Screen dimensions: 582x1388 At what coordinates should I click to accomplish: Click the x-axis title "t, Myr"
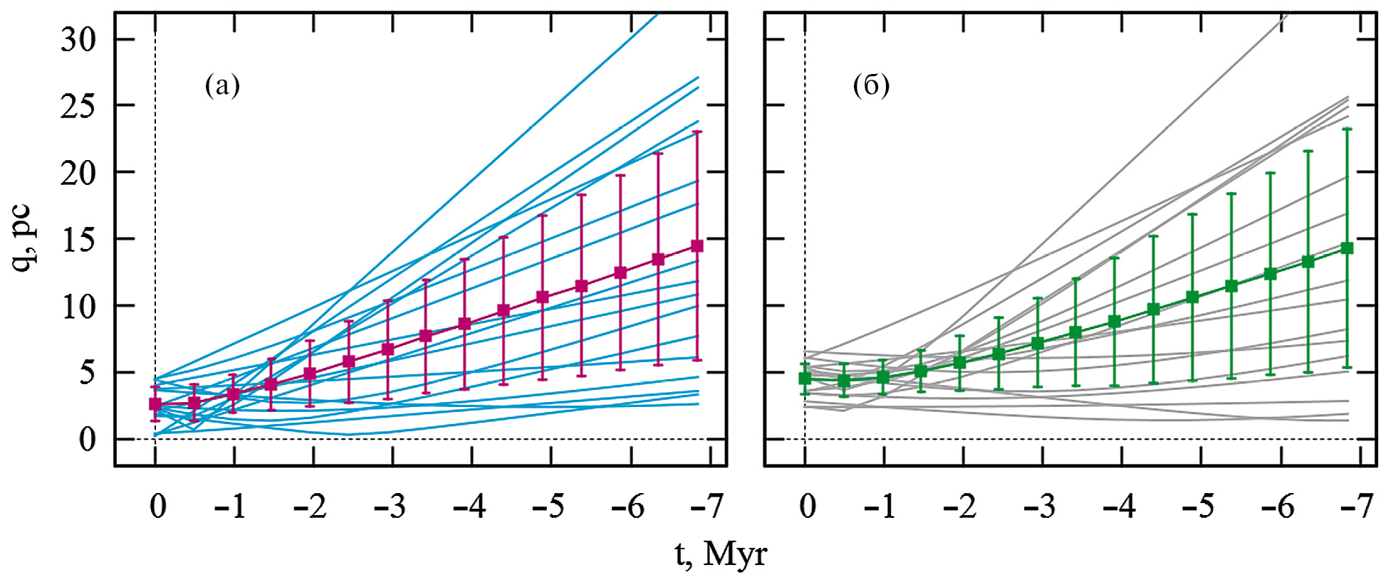click(721, 554)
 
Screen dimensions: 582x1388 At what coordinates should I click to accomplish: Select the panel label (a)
click(222, 86)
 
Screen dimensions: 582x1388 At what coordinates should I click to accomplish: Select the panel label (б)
click(871, 86)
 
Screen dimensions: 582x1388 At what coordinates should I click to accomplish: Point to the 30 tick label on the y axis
click(78, 40)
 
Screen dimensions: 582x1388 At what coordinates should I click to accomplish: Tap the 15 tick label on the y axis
click(78, 240)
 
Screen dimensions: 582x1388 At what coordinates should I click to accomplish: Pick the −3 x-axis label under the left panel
click(390, 507)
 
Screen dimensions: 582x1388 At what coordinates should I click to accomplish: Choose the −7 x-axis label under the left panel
click(707, 507)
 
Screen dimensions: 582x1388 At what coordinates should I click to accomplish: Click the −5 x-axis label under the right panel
click(1199, 507)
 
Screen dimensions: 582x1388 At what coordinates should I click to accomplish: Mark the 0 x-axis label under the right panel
click(808, 507)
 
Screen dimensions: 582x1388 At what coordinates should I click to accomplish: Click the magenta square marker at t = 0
click(155, 404)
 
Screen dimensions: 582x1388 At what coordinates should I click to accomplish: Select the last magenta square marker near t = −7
click(697, 246)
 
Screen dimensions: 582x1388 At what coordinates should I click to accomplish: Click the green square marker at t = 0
click(805, 379)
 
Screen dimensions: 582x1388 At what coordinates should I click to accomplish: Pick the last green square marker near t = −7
click(1347, 248)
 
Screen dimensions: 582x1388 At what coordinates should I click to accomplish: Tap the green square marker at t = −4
click(1115, 322)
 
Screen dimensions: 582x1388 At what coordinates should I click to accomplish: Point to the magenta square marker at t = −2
click(310, 374)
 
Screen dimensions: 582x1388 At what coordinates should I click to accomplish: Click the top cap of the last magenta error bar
click(697, 132)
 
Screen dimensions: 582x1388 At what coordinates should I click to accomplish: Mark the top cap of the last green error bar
click(1347, 129)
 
